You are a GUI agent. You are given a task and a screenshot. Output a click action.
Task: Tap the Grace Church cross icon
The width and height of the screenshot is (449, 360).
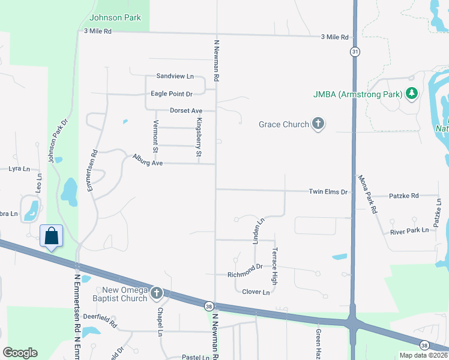(318, 124)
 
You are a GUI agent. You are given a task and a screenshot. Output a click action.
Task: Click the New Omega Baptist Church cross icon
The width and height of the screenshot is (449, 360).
(156, 293)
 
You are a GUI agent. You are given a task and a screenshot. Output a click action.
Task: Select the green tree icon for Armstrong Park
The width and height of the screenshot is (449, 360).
(412, 94)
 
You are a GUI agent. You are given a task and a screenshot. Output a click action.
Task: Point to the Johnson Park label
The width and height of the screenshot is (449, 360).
(115, 17)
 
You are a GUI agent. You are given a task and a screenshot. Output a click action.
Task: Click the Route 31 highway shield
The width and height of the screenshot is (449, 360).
(355, 52)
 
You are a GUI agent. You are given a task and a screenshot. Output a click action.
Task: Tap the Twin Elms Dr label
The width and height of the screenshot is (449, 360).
(328, 192)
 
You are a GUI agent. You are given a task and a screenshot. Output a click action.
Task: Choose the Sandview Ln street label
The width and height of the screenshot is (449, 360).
(175, 76)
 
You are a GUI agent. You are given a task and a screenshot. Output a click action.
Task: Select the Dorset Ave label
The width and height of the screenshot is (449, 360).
(186, 111)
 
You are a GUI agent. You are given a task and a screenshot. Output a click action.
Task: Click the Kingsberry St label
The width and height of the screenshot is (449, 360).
(199, 137)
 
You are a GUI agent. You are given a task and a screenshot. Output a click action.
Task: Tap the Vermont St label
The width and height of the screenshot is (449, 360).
(155, 136)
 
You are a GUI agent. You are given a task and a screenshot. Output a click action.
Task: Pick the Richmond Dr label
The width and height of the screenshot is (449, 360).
(245, 271)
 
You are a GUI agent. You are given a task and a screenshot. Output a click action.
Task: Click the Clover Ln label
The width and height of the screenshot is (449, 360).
(256, 292)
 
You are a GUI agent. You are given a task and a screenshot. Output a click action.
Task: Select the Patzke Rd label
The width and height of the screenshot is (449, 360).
(403, 196)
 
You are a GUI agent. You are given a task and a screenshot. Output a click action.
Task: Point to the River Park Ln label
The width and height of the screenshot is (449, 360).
(409, 230)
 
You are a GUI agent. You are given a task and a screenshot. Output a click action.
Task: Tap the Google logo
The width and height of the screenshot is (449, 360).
(20, 353)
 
